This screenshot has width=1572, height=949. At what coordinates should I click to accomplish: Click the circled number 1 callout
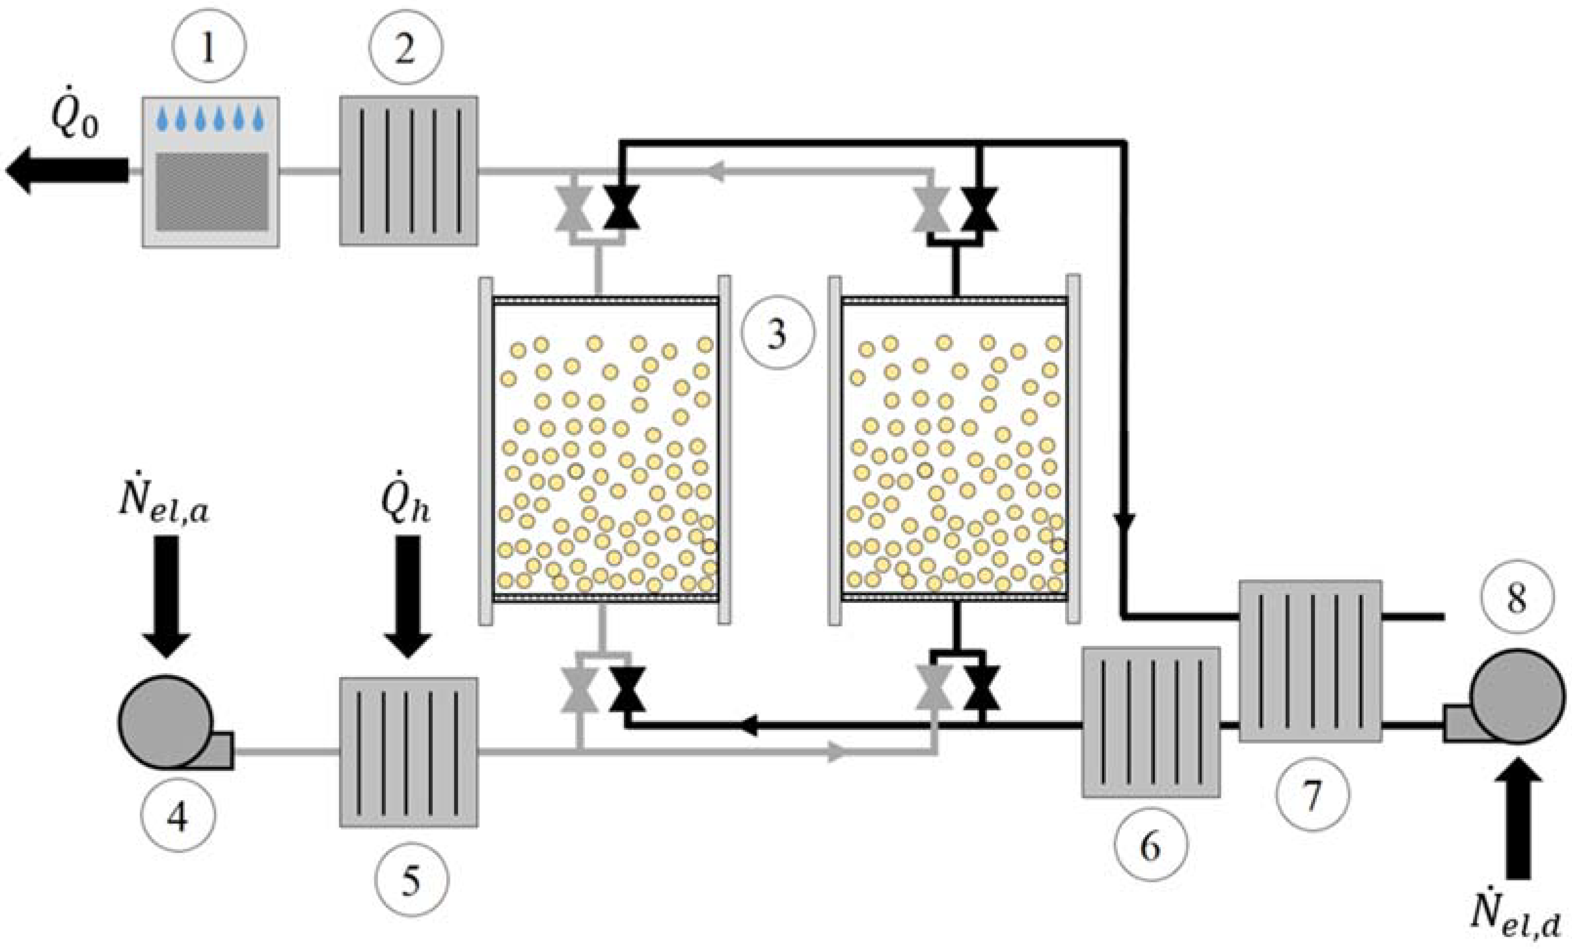(x=209, y=46)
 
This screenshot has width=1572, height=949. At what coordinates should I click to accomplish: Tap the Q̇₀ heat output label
(x=75, y=117)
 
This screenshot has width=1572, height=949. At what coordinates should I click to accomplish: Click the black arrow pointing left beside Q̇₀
(x=67, y=170)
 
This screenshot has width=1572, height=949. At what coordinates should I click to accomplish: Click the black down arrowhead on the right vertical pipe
(x=1124, y=521)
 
